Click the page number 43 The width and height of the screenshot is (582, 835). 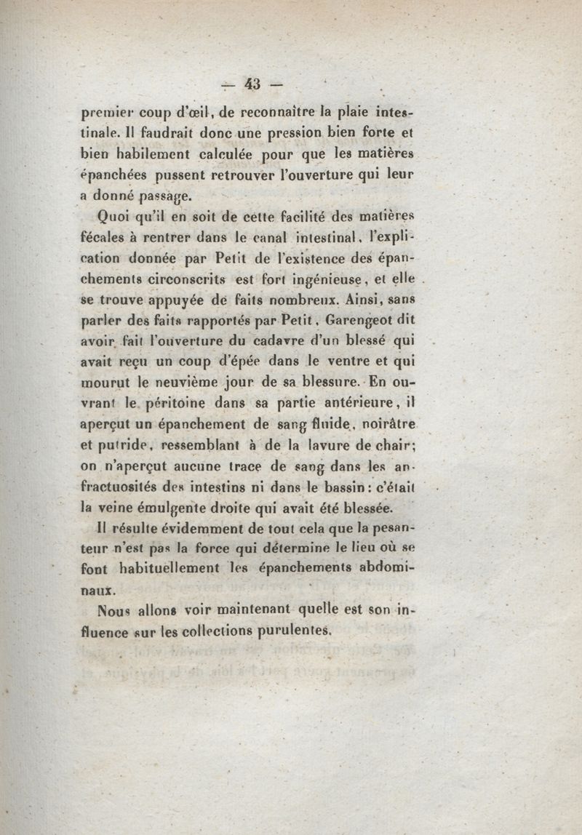pos(252,84)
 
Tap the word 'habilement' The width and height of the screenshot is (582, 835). pos(151,155)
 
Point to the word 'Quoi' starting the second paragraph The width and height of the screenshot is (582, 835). pos(115,216)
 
